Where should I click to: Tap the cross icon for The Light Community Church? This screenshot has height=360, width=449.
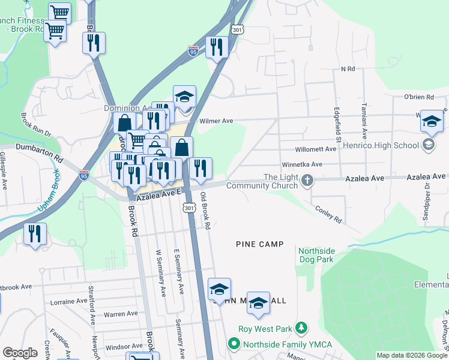pos(307,180)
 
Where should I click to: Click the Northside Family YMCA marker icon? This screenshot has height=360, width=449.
pos(234,344)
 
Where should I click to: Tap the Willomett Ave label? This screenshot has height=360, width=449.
pos(315,149)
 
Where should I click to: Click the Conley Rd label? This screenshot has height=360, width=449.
pos(328,211)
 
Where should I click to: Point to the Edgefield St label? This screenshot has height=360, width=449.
pos(337,125)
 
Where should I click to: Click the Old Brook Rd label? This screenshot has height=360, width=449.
pos(205,211)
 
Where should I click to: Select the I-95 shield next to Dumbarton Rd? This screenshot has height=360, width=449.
pos(84,175)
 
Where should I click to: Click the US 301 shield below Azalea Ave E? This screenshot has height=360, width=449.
pos(189,208)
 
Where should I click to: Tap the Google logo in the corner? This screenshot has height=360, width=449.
pos(20,353)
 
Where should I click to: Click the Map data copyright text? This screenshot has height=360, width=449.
pos(412,355)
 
